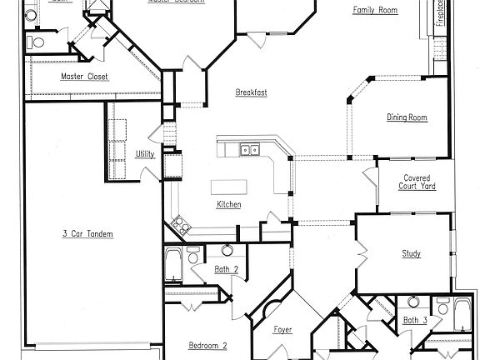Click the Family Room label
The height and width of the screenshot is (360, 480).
point(374,11)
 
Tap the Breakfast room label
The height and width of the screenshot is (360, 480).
point(251,92)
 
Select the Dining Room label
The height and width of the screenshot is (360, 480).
point(407,117)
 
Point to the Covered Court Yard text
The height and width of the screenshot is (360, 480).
point(417,182)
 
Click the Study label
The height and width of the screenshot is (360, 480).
point(411,254)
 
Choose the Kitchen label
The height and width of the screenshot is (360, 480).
point(229,205)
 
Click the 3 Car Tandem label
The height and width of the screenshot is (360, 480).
point(87,233)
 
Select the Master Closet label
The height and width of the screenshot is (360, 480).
point(84,77)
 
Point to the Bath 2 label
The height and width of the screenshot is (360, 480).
point(227,269)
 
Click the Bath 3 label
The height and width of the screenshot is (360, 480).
point(415,320)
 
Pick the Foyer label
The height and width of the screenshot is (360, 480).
point(283,329)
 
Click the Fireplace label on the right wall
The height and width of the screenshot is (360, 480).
point(439,16)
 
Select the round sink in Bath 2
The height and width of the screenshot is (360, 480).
point(226,250)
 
